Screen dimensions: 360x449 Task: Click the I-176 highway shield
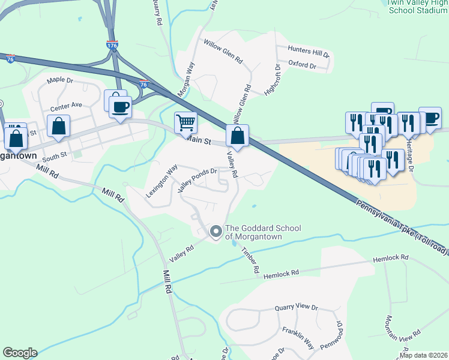click(112, 45)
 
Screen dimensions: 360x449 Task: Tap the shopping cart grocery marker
click(185, 122)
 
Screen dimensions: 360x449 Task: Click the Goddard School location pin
click(215, 230)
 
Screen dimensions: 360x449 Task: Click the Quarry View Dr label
click(297, 307)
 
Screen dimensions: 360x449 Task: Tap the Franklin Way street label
click(299, 338)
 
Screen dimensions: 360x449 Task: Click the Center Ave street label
click(66, 105)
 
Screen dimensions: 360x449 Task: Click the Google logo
click(19, 353)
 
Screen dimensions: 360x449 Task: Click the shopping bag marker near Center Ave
click(59, 127)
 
